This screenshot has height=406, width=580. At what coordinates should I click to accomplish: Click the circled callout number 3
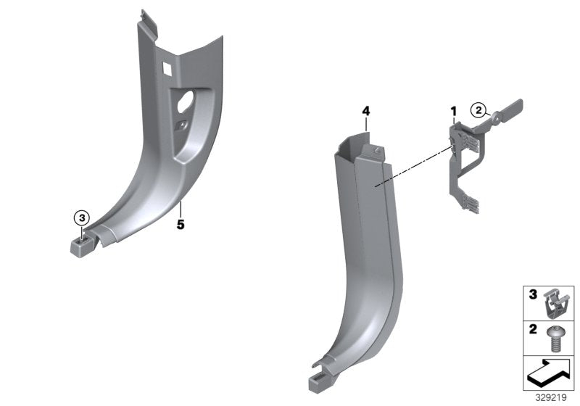coord(82,217)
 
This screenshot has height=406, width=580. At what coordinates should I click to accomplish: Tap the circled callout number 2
coord(478,110)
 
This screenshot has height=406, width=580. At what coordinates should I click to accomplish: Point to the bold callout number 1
coord(454,112)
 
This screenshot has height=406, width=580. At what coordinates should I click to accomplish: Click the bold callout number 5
coord(181,225)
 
